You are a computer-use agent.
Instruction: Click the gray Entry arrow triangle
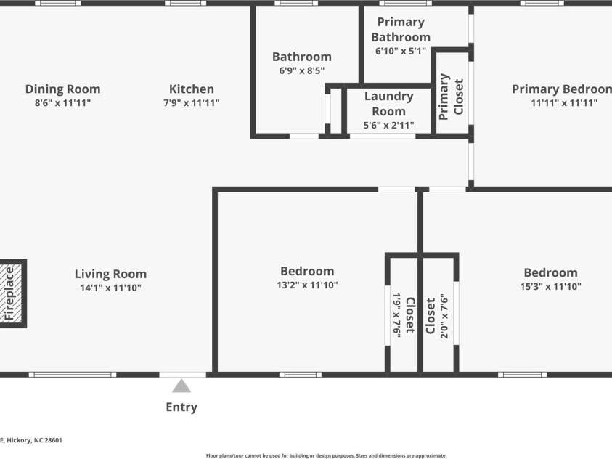tap(181, 386)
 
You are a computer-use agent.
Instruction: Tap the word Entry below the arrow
tap(181, 407)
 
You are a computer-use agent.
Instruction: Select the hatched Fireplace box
tap(11, 293)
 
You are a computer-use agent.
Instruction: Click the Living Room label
tap(111, 274)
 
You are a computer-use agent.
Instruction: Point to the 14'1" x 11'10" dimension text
tap(111, 288)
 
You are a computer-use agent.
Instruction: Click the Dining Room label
tap(63, 89)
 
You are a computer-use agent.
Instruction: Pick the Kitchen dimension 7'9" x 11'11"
tap(191, 103)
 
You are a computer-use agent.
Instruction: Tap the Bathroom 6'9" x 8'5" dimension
tap(302, 70)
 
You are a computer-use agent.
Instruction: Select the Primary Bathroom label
tap(401, 29)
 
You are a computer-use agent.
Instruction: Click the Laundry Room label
tap(388, 104)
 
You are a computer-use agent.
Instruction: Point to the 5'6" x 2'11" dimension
tap(388, 126)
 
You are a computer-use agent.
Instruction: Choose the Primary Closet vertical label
tap(451, 97)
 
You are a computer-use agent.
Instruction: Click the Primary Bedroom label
tap(562, 89)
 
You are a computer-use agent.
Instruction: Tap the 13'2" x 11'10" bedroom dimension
tap(307, 285)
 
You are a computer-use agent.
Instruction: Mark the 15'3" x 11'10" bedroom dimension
tap(551, 286)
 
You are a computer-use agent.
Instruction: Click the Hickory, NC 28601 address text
tap(34, 440)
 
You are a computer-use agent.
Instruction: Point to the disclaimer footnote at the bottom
tap(326, 455)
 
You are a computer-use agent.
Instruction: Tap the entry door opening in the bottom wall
tap(183, 375)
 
